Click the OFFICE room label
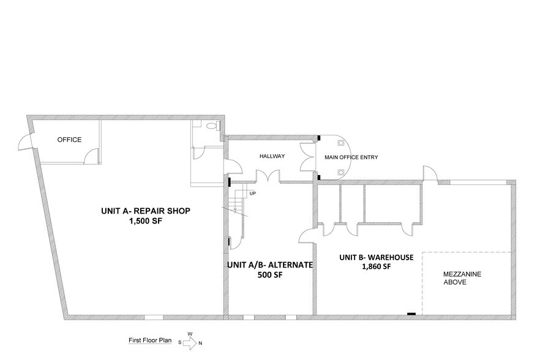(x=69, y=140)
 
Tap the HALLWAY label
(x=272, y=156)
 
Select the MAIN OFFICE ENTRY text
(x=351, y=157)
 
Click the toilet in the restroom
(x=212, y=126)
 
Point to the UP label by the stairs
(x=253, y=193)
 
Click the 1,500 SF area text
(x=145, y=221)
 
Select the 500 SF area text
(x=270, y=275)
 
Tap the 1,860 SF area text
(x=377, y=266)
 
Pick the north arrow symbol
(x=189, y=343)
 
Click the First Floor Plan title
(x=150, y=340)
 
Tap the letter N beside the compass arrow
(x=200, y=343)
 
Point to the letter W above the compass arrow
(x=190, y=334)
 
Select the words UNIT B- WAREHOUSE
(x=377, y=257)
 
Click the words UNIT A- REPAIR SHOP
(x=146, y=211)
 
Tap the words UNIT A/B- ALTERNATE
(x=270, y=265)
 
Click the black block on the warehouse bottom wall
(x=411, y=314)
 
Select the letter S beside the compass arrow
(x=180, y=343)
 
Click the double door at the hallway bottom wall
(x=268, y=176)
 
